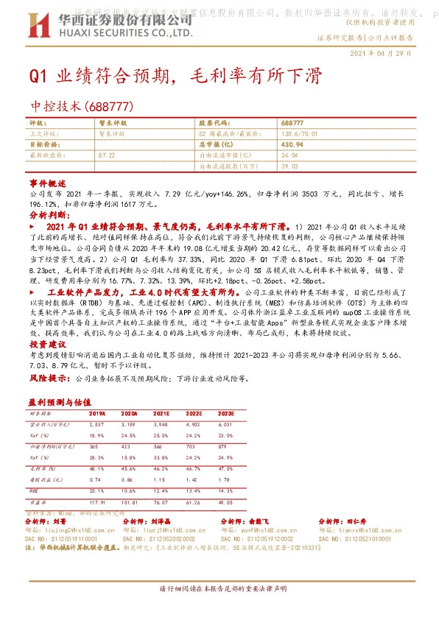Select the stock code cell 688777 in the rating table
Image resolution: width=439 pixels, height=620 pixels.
tap(292, 122)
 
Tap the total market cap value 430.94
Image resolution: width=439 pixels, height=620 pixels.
tap(292, 144)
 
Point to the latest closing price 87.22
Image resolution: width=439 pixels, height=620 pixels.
tap(106, 155)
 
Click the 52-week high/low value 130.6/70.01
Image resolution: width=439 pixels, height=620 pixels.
tap(298, 133)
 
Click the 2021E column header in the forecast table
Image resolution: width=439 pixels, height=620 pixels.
tap(161, 415)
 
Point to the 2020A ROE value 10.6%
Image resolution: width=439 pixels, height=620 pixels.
tap(128, 490)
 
